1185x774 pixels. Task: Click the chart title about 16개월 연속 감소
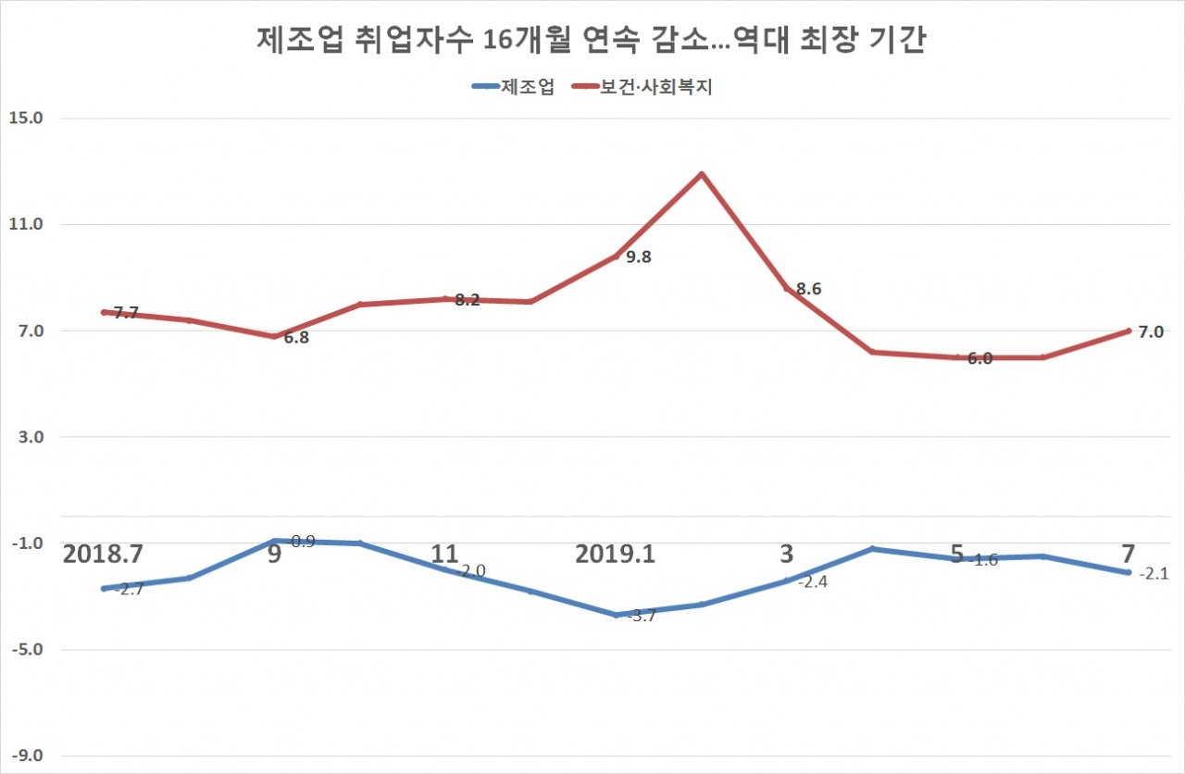(592, 40)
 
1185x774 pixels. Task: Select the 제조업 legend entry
(513, 87)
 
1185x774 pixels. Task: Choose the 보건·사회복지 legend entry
(642, 87)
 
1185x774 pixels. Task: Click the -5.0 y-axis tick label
(28, 649)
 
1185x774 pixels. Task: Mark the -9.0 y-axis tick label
(28, 755)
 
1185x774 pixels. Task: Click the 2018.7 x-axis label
(103, 554)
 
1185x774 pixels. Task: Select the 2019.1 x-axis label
(616, 554)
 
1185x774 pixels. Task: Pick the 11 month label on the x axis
(444, 554)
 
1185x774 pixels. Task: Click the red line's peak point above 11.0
(702, 174)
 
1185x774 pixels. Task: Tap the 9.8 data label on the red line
(639, 257)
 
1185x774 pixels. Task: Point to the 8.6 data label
(809, 289)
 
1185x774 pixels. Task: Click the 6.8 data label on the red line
(296, 338)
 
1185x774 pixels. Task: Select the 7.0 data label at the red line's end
(1151, 332)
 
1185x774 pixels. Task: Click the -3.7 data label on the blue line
(642, 616)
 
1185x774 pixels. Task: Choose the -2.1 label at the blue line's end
(1154, 574)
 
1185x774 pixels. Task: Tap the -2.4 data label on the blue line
(813, 582)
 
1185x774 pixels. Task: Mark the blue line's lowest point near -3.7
(616, 615)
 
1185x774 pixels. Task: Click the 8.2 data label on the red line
(468, 300)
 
